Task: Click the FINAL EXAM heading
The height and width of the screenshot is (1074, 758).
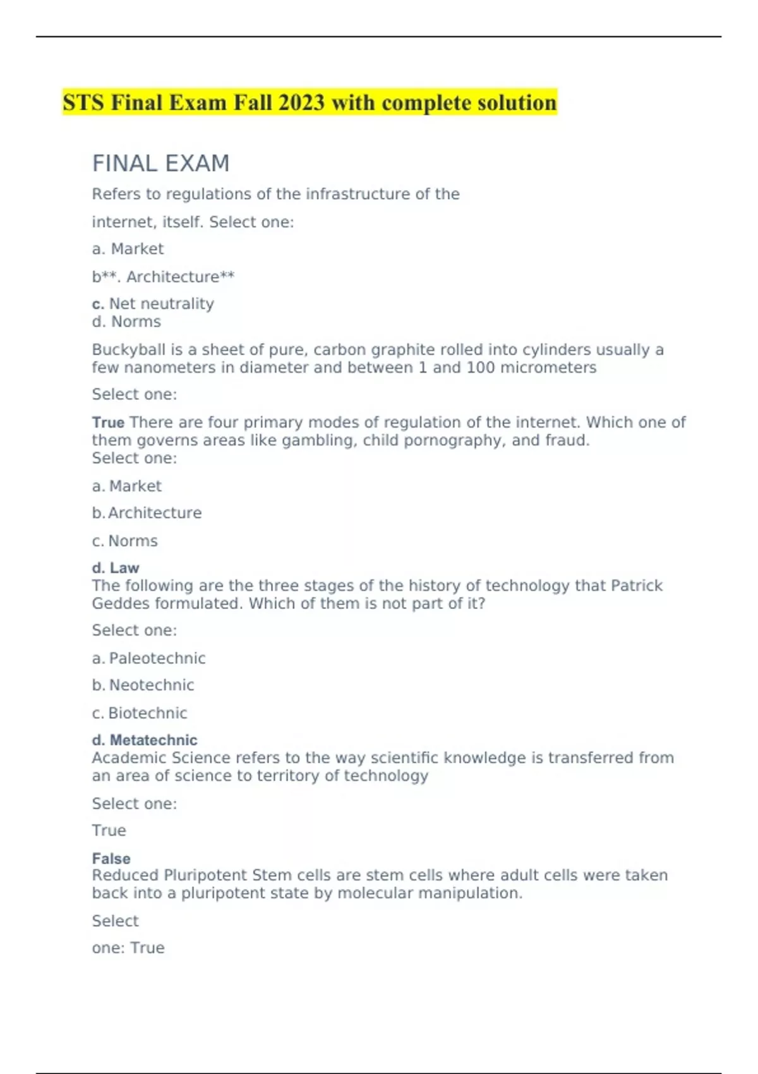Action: (x=160, y=164)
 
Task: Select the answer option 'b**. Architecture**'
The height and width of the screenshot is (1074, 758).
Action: (x=163, y=277)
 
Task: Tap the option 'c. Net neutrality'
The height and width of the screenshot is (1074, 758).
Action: (x=153, y=304)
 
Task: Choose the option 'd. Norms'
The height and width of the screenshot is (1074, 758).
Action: (x=126, y=322)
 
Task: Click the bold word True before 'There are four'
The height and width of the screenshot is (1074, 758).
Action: (x=108, y=422)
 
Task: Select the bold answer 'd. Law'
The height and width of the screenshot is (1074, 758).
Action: (x=116, y=568)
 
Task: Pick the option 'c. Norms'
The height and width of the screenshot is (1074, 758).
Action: (x=125, y=541)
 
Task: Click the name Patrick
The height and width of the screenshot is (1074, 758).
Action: (x=637, y=586)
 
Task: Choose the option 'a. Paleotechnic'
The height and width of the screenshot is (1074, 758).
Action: (x=149, y=658)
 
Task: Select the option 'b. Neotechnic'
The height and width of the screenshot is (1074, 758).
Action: (x=143, y=685)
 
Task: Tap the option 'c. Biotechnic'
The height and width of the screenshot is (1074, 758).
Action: (x=140, y=713)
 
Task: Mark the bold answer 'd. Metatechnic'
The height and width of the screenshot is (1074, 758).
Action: (x=145, y=740)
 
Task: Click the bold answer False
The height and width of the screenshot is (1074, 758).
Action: (x=111, y=859)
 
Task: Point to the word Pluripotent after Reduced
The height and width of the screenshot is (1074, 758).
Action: (x=205, y=876)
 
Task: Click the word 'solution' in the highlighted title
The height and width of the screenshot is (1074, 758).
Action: (x=516, y=102)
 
